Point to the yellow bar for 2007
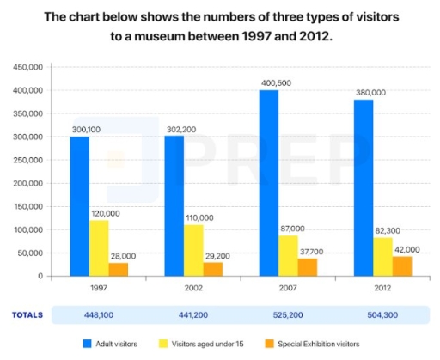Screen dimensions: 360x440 click(x=289, y=256)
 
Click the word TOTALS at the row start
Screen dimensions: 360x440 click(x=27, y=314)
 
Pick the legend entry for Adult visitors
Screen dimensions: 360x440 click(x=113, y=344)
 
